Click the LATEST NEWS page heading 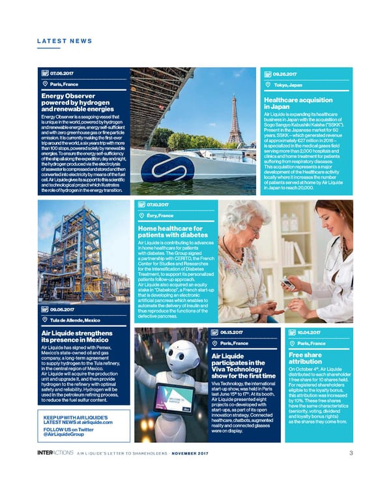coord(64,40)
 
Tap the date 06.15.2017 coord(233,332)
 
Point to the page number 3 coord(351,454)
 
